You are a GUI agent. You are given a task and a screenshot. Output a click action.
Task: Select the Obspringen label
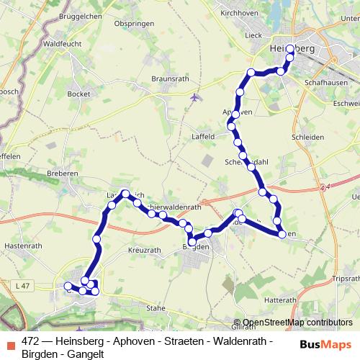point(131,23)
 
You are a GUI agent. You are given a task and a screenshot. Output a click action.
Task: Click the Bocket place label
point(78,94)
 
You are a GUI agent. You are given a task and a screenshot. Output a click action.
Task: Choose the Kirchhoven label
point(239,13)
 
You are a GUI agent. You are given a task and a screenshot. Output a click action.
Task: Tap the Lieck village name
point(253,35)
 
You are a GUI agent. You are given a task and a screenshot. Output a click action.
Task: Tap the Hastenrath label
point(19,245)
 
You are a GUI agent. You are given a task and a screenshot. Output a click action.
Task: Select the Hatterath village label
point(280,300)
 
